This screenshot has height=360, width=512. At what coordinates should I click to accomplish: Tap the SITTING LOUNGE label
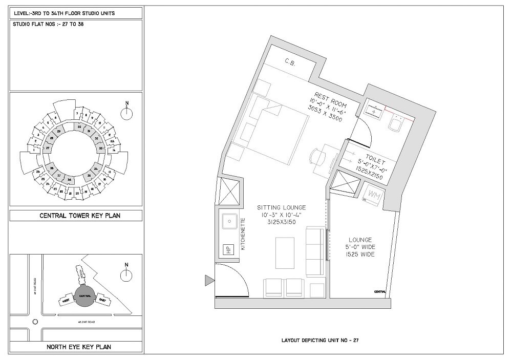[x=281, y=207]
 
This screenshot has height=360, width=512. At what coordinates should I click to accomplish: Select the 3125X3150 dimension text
[x=282, y=224]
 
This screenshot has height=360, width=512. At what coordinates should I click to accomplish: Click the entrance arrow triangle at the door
[x=208, y=280]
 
